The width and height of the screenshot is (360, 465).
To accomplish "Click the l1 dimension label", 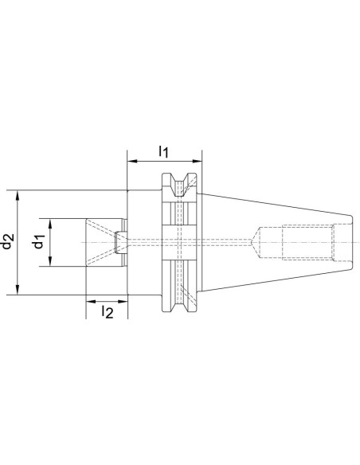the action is tap(164, 151).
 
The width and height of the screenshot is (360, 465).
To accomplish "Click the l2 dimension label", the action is tap(108, 312).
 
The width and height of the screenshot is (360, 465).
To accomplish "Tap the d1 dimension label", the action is tap(38, 241).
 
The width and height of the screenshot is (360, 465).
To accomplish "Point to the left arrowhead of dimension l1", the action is tap(132, 162).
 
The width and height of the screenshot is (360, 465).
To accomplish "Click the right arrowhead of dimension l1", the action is tap(197, 162).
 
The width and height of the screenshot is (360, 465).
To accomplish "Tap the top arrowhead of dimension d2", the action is tap(18, 196).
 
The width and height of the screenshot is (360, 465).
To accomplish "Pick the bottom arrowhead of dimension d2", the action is tap(18, 290).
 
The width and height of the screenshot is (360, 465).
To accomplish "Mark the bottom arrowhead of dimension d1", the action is tap(50, 261).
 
